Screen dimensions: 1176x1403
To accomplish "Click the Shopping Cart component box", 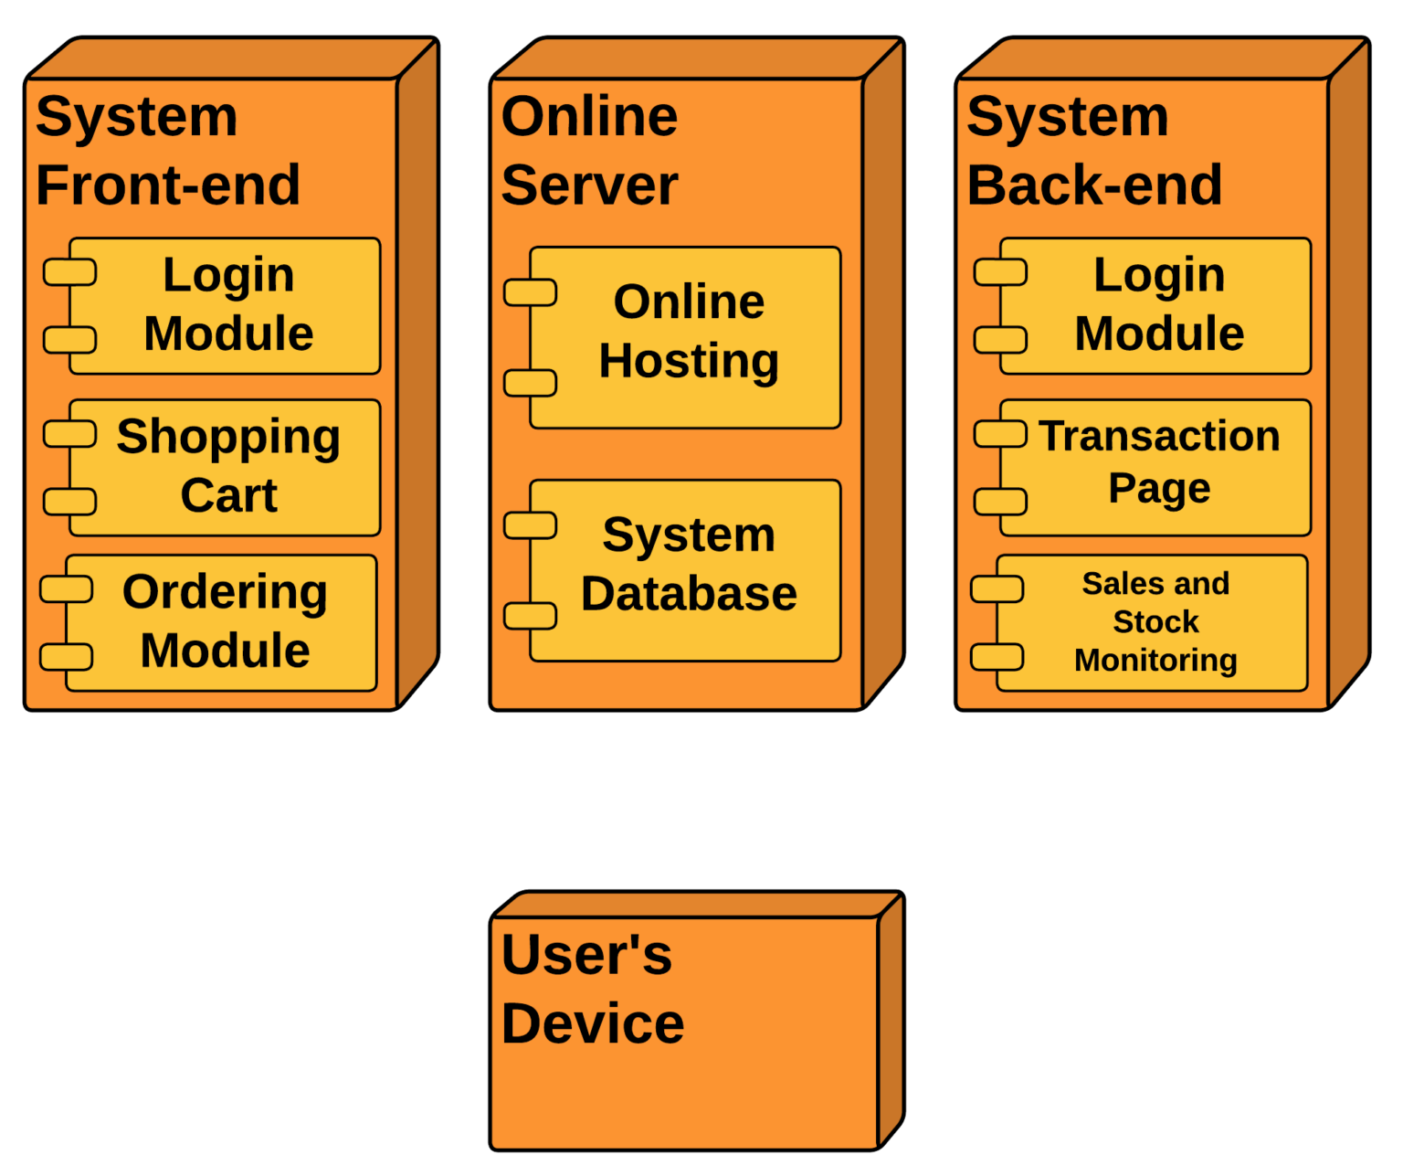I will click(x=225, y=467).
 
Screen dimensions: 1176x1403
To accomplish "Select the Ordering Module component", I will click(x=221, y=622).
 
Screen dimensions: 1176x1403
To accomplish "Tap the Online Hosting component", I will click(x=685, y=337).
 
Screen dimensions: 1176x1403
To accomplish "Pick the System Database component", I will click(x=685, y=570).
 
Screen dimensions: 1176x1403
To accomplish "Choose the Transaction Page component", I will click(x=1155, y=467).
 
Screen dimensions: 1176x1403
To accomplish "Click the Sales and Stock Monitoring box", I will click(x=1152, y=622).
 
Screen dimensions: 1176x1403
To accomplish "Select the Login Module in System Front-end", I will click(x=225, y=305).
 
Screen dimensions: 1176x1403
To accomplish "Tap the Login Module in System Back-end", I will click(x=1155, y=305).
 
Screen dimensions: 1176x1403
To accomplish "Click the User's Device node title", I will click(x=592, y=989).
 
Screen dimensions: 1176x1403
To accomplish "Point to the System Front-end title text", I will click(x=168, y=151).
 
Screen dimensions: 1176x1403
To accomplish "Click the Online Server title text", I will click(x=589, y=151).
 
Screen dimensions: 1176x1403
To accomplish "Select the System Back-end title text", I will click(x=1094, y=151).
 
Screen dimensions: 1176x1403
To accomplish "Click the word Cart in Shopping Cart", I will click(x=228, y=495).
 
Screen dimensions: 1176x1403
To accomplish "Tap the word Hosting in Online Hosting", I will click(x=689, y=361).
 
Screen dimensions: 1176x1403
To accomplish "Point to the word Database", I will click(x=689, y=594).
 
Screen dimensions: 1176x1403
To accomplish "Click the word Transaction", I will click(x=1159, y=436).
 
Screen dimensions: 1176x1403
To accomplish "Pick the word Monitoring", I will click(x=1155, y=660).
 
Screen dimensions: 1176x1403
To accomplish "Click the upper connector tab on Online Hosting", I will click(x=531, y=292).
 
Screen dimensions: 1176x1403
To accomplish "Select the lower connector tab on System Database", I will click(x=531, y=616).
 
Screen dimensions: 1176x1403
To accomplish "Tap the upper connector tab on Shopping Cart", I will click(x=70, y=433).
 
